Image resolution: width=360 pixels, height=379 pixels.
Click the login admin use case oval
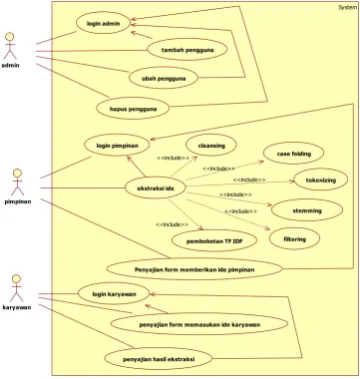coord(103,24)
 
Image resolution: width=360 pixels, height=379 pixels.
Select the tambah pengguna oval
coord(187,50)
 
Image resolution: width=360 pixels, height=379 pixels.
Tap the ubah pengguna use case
coord(164,79)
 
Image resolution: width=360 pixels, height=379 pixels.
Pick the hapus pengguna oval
coord(133,109)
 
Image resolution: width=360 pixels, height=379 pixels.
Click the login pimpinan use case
coord(118,146)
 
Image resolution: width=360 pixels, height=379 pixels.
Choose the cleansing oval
coord(211,146)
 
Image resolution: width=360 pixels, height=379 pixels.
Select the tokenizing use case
coord(321,180)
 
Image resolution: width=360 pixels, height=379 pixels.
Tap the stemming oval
coord(307,210)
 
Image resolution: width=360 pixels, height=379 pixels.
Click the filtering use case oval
coord(294,238)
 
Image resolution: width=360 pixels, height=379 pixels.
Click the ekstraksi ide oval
coord(156,189)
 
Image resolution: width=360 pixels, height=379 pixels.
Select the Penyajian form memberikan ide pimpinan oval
coord(194,269)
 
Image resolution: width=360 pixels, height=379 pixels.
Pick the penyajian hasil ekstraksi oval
coord(159,359)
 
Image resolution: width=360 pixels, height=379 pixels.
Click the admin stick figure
coord(10,46)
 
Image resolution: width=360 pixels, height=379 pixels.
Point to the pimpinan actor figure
coord(18,183)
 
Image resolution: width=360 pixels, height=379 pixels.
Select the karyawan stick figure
coord(17,288)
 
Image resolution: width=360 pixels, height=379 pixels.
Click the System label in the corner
coord(348,7)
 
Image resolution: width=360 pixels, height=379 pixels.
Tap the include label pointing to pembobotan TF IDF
coord(172,224)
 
